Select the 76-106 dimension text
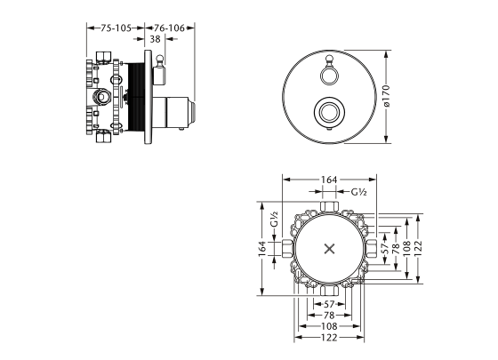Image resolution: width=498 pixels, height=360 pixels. point(165,28)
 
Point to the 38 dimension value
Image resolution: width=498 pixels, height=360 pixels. point(155,40)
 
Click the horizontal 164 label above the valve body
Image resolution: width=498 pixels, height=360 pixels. point(330,180)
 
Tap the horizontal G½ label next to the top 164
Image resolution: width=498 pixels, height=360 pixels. point(358,192)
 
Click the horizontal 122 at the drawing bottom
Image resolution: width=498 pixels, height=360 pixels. point(330,338)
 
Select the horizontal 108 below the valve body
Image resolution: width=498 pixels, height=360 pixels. point(330,326)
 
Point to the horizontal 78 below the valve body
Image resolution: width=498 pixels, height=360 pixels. point(330,315)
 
